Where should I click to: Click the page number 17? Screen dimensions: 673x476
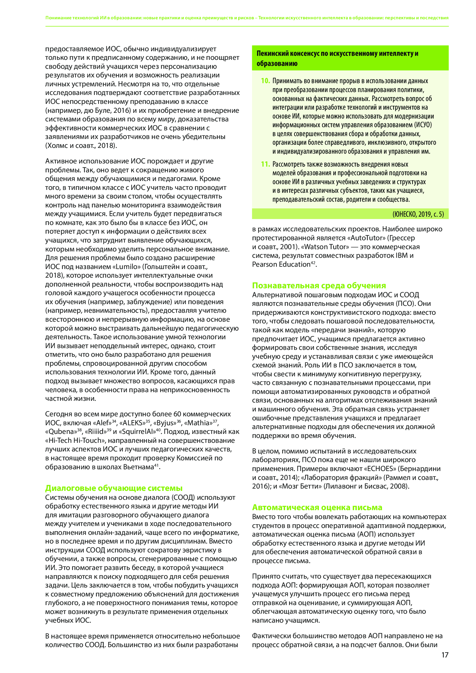(445, 655)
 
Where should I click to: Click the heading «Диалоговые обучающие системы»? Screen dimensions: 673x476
(114, 488)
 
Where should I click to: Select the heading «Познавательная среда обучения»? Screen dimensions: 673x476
(319, 285)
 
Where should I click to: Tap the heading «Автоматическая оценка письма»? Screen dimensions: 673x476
(317, 507)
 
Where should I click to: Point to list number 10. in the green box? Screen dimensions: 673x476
(265, 81)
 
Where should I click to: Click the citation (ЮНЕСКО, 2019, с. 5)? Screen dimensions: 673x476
(418, 214)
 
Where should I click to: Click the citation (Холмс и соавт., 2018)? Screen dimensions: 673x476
(81, 146)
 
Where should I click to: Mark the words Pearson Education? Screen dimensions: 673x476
(281, 264)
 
